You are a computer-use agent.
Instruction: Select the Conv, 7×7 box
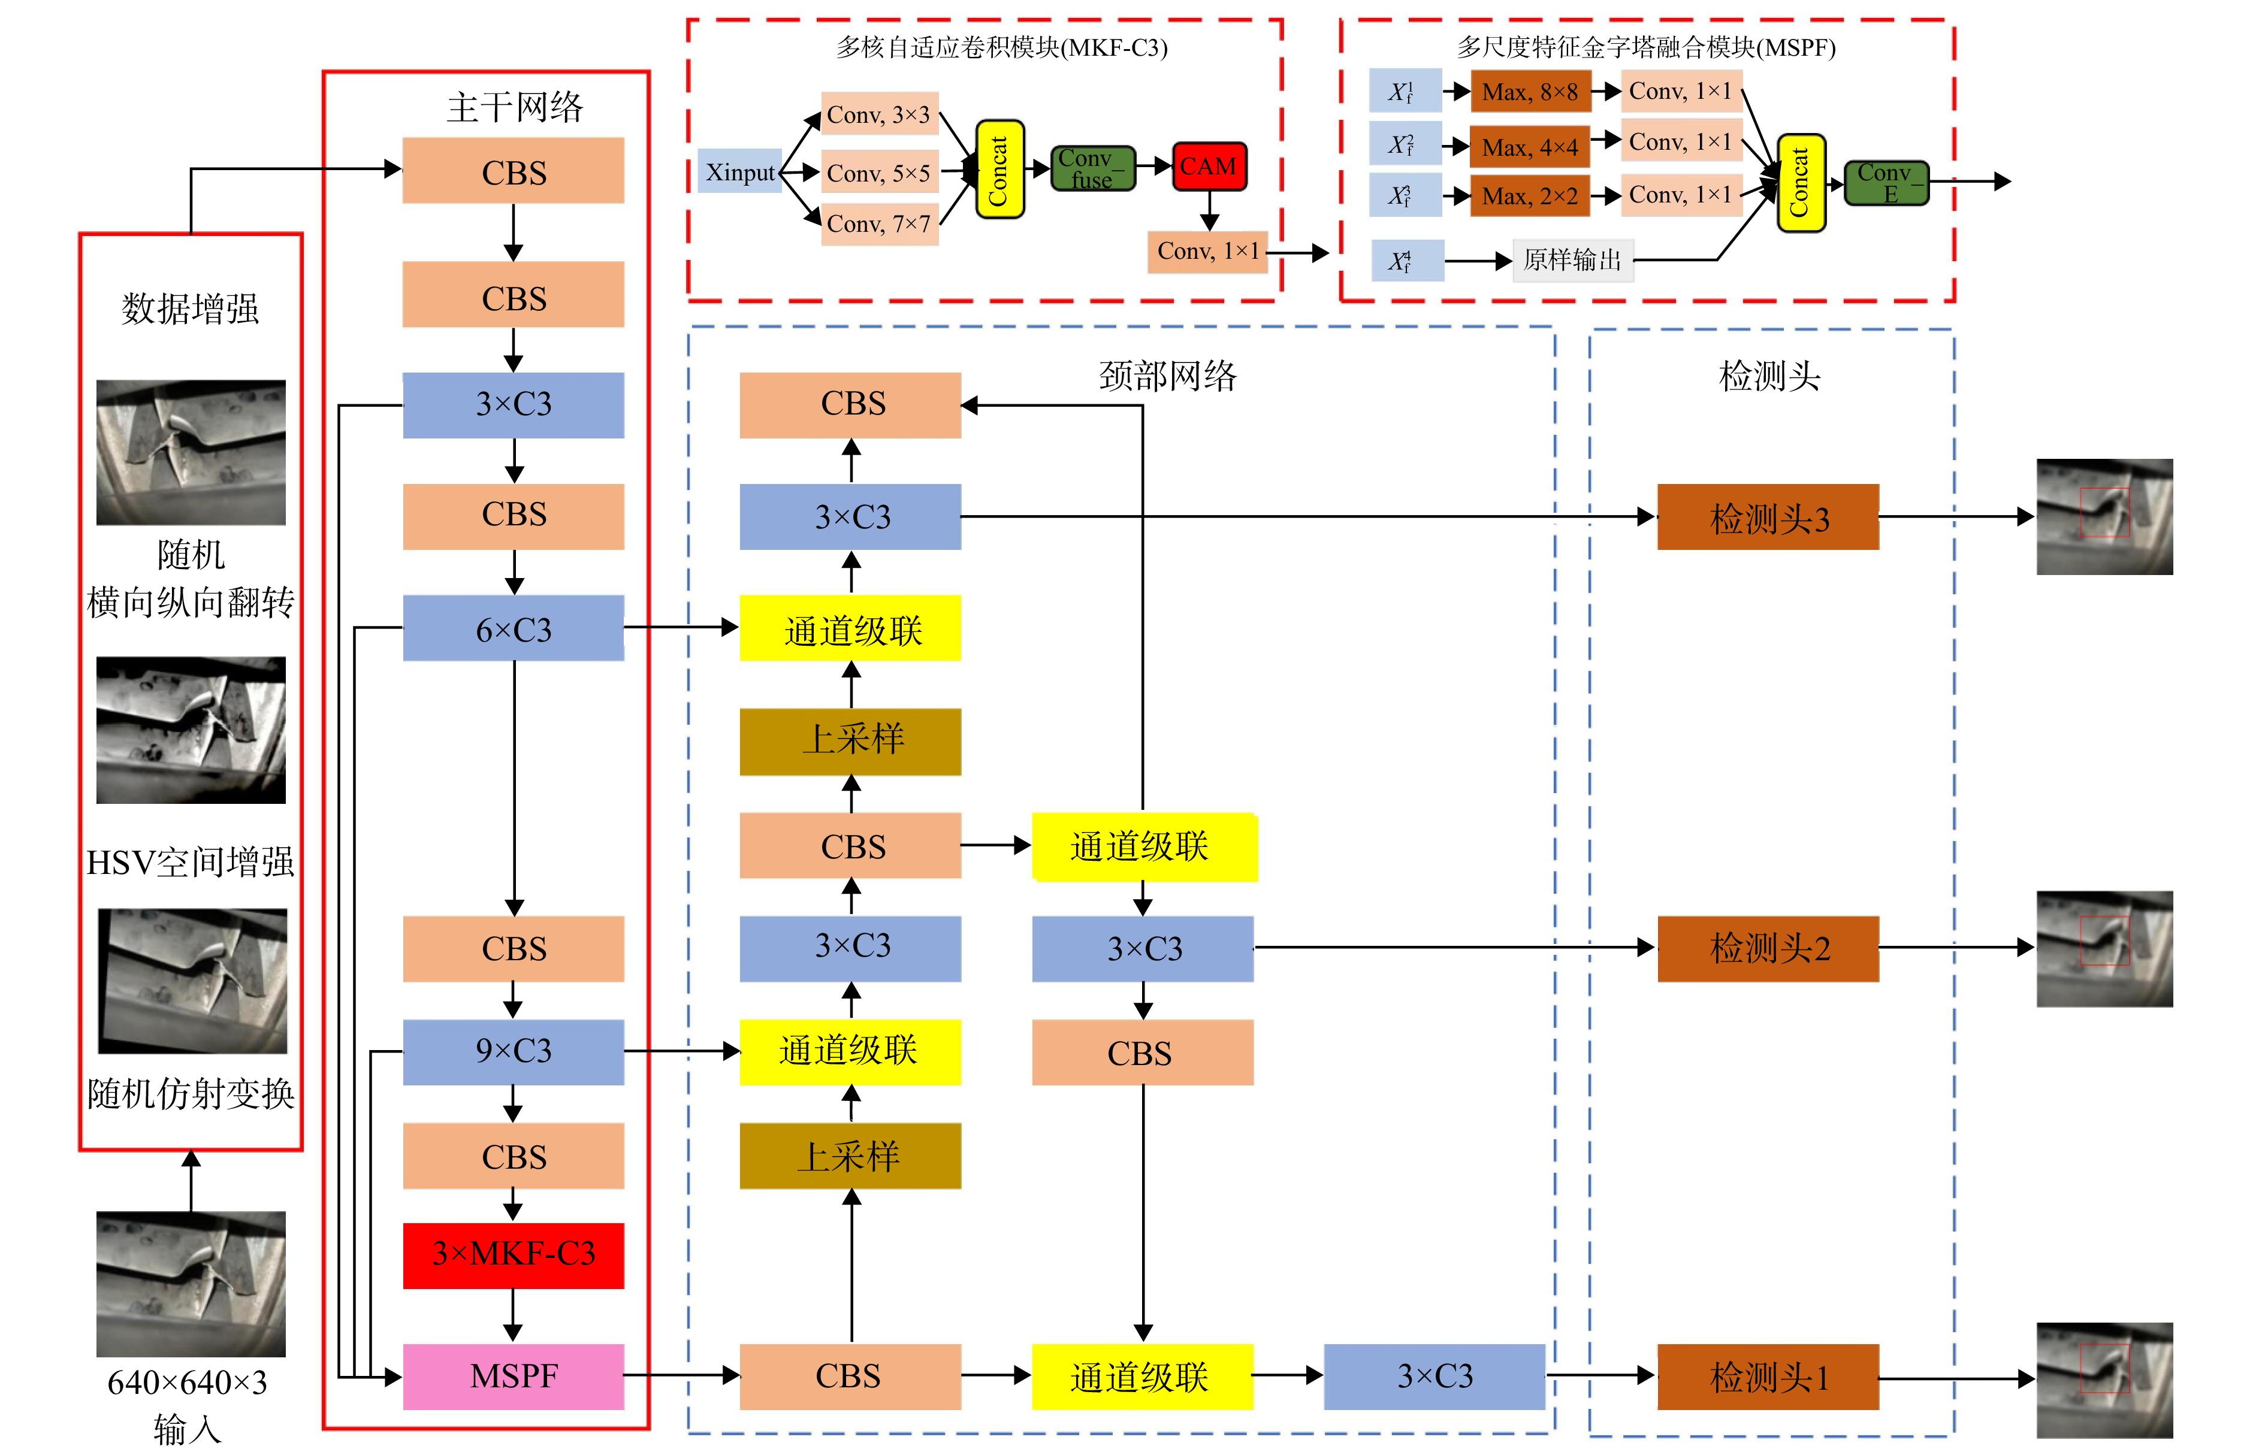point(879,223)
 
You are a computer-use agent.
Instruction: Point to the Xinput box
point(740,171)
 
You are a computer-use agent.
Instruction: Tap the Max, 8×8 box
point(1530,92)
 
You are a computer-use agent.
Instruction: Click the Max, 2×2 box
point(1530,195)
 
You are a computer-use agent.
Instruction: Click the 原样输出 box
point(1573,259)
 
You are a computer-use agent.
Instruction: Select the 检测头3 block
point(1768,517)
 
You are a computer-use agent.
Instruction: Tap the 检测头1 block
point(1768,1377)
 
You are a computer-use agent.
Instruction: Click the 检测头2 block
point(1768,948)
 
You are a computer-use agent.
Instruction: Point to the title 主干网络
point(515,107)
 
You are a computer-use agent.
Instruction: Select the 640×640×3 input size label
point(188,1383)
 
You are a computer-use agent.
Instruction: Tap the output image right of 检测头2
point(2104,948)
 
